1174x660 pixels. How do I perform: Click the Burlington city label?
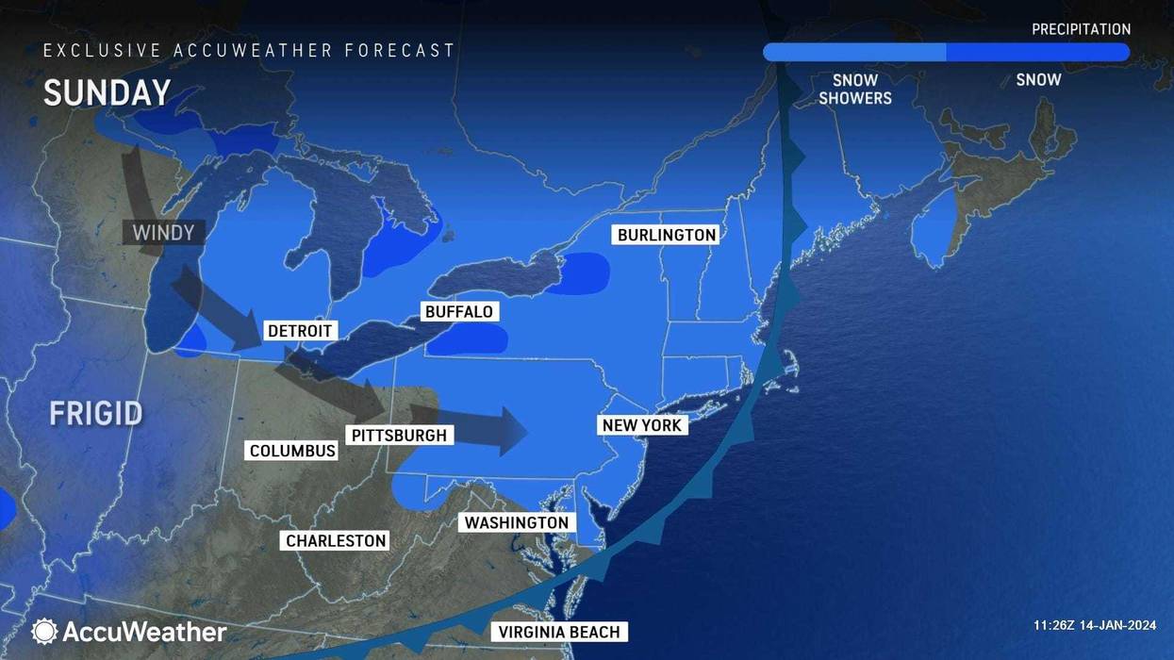point(667,235)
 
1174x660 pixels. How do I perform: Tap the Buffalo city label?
point(459,312)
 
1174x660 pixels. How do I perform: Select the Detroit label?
point(300,331)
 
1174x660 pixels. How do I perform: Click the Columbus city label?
point(292,451)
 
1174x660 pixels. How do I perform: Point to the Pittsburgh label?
point(400,436)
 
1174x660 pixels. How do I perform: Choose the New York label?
point(641,425)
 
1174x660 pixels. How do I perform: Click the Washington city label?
point(517,522)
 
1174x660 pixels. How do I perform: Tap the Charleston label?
point(336,541)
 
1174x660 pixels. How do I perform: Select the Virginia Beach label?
point(559,632)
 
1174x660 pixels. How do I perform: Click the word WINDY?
point(162,232)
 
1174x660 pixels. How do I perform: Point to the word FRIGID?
point(96,413)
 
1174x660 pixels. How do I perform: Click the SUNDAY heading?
point(107,92)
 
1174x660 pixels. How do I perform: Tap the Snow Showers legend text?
point(854,89)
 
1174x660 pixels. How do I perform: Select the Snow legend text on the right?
point(1038,80)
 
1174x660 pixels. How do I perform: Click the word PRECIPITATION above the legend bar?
point(1081,29)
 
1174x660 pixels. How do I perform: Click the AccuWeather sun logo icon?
point(43,631)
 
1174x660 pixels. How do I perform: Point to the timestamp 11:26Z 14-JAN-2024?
point(1094,625)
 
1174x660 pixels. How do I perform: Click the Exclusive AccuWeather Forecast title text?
point(249,51)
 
